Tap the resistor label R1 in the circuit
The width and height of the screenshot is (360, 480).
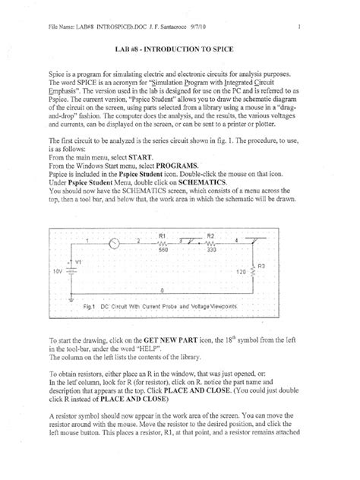point(163,236)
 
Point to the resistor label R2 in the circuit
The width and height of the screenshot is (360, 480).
point(211,236)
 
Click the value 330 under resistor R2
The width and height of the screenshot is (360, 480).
point(212,250)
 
